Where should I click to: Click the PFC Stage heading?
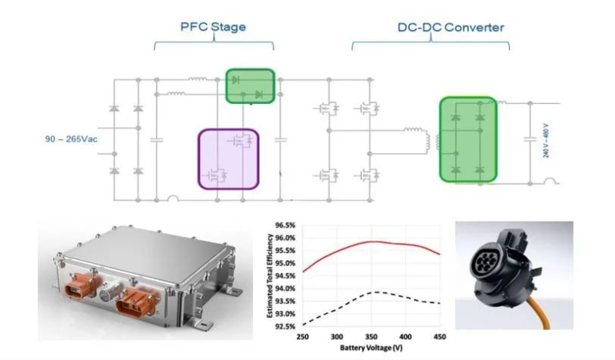pos(213,27)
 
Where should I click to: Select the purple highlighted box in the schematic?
pos(228,158)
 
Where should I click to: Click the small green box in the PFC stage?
pos(250,85)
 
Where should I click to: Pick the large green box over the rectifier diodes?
pos(467,140)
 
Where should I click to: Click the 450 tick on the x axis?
pos(438,337)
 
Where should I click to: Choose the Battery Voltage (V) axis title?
pos(370,348)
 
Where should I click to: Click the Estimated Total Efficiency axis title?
pos(268,276)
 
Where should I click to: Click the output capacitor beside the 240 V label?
pos(530,139)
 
